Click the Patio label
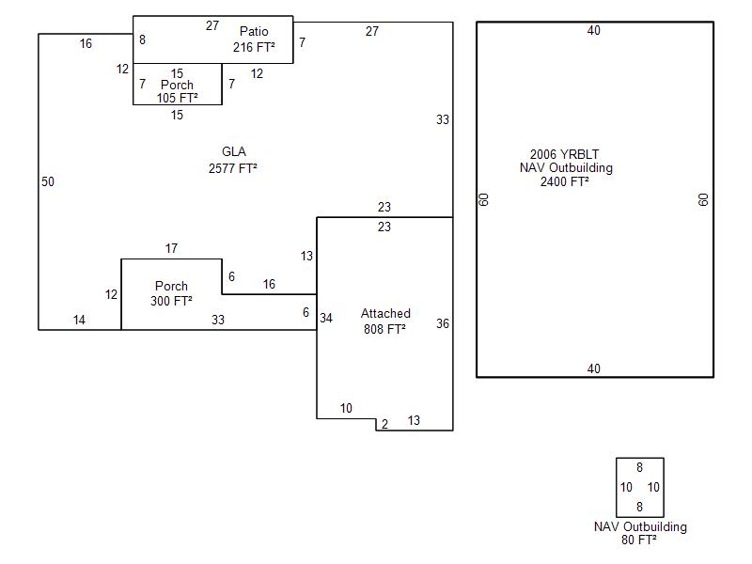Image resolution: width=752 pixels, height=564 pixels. tap(254, 32)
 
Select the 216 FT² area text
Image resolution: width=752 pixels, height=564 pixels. tap(254, 46)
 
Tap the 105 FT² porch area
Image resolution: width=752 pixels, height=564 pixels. tap(177, 97)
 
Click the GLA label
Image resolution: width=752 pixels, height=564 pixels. tap(234, 152)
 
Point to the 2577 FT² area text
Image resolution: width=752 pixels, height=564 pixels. tap(233, 169)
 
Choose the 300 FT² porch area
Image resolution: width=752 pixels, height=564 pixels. tap(171, 301)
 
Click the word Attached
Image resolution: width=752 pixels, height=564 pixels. tap(385, 313)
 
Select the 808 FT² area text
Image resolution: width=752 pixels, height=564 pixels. tap(385, 329)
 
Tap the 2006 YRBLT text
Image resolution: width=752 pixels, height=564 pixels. tap(564, 154)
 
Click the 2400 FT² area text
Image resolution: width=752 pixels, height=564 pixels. tap(565, 182)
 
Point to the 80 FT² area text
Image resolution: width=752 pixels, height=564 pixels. tap(639, 540)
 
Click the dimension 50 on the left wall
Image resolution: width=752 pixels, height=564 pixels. tap(48, 181)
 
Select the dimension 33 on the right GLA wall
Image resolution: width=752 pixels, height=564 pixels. tap(443, 119)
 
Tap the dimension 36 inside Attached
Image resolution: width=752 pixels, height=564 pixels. tap(443, 323)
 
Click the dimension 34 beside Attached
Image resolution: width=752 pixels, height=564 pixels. tap(326, 318)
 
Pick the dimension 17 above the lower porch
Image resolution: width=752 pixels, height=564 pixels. tap(171, 249)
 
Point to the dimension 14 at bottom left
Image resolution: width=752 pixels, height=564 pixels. tap(79, 321)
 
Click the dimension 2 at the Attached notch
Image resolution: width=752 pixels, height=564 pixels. tap(384, 425)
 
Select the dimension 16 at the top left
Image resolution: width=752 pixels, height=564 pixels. tap(86, 43)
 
